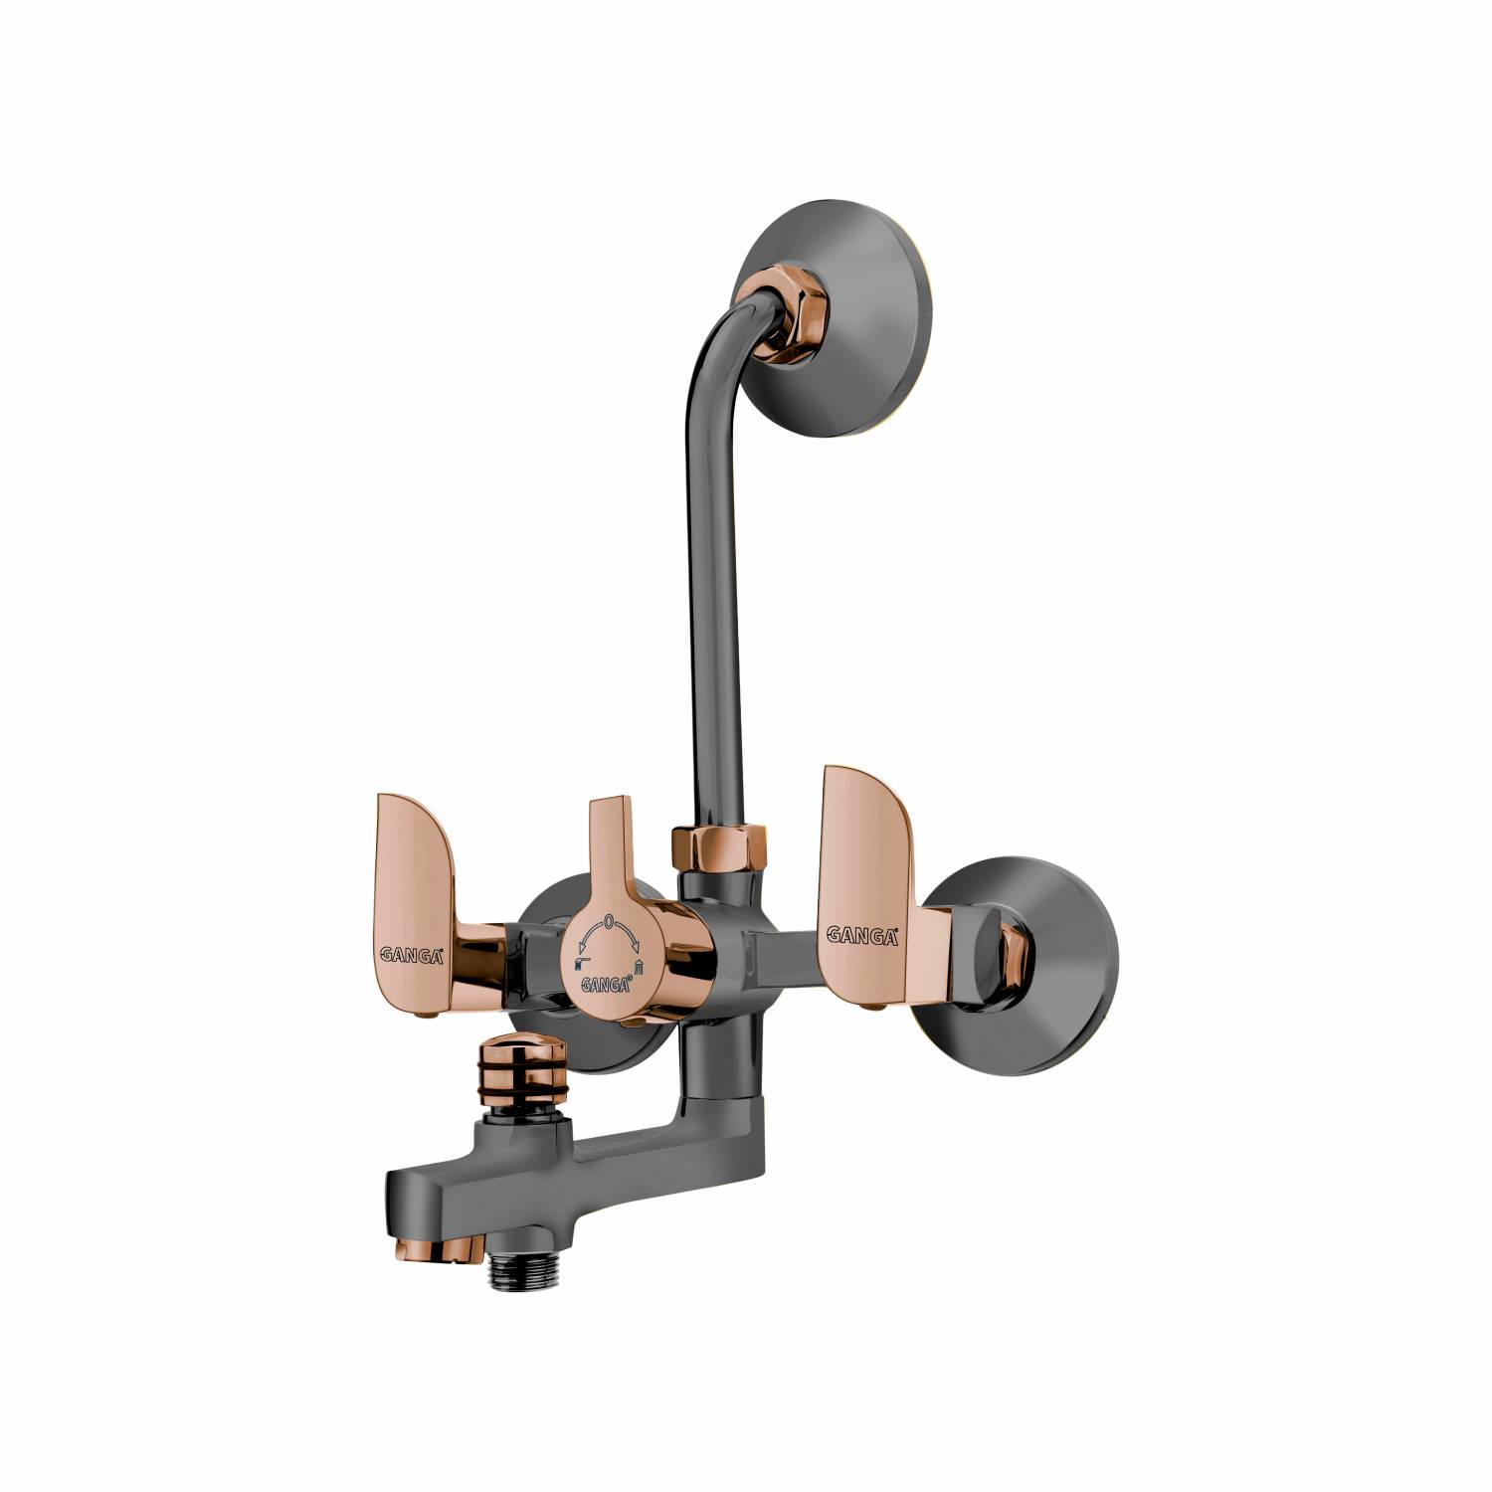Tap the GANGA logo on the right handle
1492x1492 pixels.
click(x=862, y=934)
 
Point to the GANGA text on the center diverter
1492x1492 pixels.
click(x=605, y=985)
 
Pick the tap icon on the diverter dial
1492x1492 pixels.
click(x=581, y=963)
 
